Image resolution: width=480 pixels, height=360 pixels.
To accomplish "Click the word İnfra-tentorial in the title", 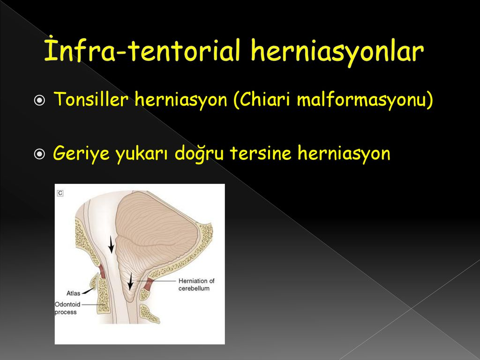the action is coord(142,50).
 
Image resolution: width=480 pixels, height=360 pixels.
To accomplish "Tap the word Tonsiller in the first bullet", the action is coord(91,99).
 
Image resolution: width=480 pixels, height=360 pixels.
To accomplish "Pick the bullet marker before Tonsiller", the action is coord(39,100).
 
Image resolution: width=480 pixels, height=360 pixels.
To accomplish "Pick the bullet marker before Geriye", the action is coord(39,154).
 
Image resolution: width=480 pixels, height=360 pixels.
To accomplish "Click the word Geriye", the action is coord(81,154).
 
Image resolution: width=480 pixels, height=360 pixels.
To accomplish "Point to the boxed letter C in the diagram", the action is coord(60,193).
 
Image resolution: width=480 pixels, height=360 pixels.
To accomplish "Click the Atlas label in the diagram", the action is coord(73,293).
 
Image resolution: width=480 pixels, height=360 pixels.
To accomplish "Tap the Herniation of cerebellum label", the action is coord(196,285).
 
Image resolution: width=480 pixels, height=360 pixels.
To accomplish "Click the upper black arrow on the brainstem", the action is coord(111,244).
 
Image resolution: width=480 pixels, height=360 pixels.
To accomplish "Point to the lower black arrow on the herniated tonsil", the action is coord(130,281).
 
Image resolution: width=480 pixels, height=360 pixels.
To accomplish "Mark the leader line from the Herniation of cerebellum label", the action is coord(156,281).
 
